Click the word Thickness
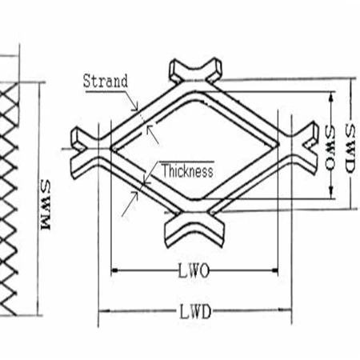point(186,170)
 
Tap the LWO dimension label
point(194,271)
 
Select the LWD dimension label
point(194,311)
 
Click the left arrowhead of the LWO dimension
point(113,271)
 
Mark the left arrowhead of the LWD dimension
point(101,311)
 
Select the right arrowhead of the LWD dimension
point(288,311)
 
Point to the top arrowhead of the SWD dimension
point(350,82)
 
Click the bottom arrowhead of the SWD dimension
point(350,206)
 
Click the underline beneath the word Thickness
point(186,179)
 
